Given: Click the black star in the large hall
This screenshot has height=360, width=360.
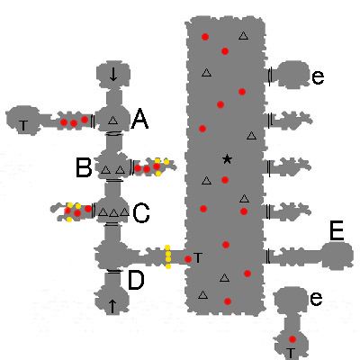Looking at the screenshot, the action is click(x=227, y=159).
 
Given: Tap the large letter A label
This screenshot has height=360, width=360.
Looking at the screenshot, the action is click(x=139, y=119).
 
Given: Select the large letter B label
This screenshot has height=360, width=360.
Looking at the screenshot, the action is click(x=84, y=167).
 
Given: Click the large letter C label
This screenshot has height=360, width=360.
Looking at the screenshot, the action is click(x=141, y=213).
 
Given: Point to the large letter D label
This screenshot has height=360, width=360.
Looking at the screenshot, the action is click(x=136, y=280).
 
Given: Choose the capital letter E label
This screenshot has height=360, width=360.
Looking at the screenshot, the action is click(x=337, y=231).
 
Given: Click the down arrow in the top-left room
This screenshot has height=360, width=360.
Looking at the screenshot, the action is click(x=113, y=75).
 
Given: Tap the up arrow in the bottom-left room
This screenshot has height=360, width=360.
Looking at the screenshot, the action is click(x=112, y=306).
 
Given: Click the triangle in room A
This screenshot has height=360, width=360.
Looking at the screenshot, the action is click(x=112, y=121).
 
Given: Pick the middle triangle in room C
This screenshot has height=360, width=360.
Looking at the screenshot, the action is click(x=113, y=213).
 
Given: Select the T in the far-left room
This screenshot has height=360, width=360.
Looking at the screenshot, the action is click(x=23, y=126).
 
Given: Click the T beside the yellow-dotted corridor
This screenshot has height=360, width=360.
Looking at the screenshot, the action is click(x=198, y=257).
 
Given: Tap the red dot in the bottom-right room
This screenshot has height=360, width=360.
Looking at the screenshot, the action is click(x=292, y=339).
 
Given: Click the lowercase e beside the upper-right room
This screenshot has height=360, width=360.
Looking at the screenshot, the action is click(x=318, y=77).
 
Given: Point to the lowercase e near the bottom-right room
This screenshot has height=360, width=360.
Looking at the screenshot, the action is click(x=316, y=299).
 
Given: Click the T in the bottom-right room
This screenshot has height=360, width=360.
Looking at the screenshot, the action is click(x=290, y=353).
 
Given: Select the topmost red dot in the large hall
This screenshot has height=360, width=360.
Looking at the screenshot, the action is click(x=205, y=37).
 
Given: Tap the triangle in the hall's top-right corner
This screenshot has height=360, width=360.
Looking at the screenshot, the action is click(x=244, y=36).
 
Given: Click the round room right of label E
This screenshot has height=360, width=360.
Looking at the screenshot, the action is click(x=337, y=255).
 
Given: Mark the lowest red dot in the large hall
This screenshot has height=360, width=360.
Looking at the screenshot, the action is click(x=228, y=301).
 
